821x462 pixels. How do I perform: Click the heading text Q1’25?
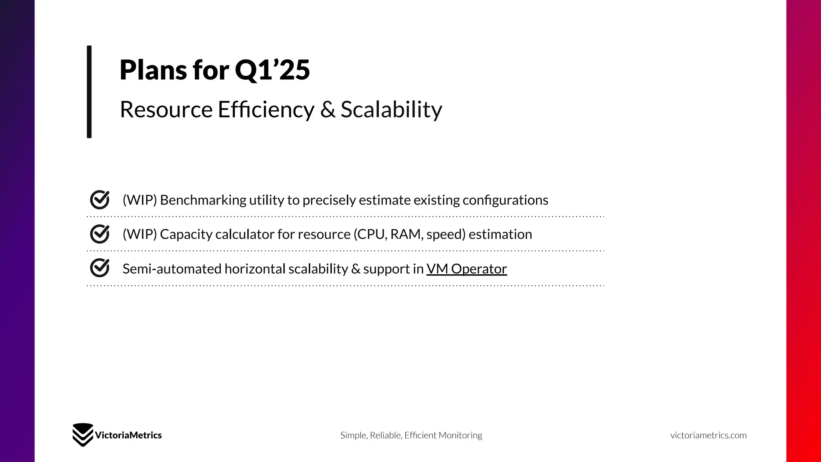272,70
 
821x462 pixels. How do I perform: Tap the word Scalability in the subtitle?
391,109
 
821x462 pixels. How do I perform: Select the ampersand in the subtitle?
328,109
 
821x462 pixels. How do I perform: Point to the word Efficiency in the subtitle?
266,109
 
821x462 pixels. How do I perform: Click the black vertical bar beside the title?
89,91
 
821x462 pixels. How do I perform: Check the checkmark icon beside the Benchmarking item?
100,200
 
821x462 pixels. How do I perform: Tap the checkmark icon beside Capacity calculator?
100,234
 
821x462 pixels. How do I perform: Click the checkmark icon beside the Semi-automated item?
100,268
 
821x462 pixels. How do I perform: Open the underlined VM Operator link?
467,269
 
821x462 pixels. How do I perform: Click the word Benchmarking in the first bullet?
203,200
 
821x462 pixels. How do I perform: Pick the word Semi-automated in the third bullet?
172,269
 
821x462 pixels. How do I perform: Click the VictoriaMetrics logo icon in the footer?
83,435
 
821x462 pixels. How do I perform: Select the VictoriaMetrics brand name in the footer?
128,435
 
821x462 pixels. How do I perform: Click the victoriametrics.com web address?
708,435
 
